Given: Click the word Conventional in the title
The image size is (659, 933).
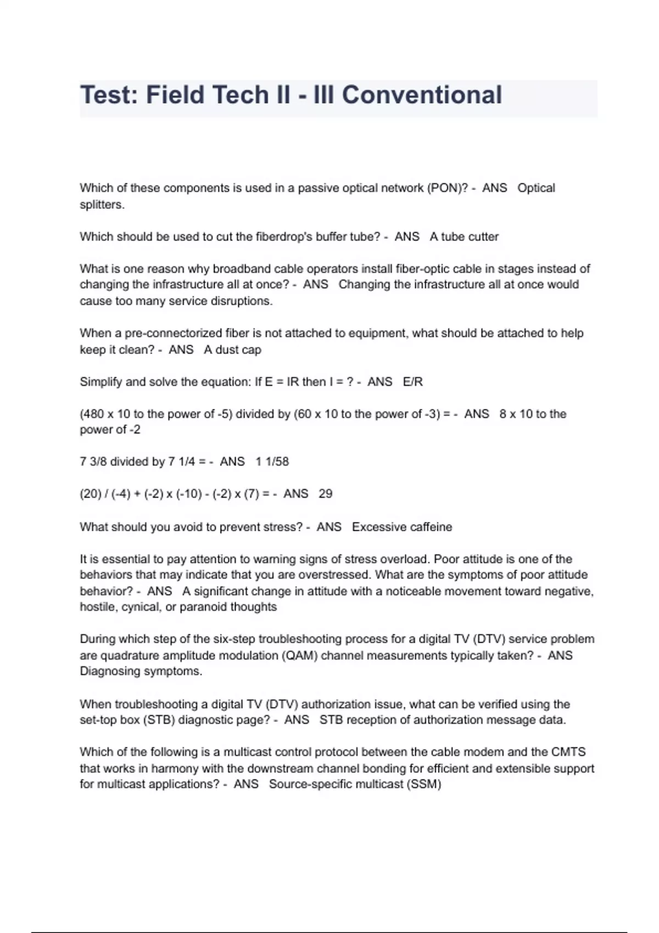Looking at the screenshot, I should tap(422, 95).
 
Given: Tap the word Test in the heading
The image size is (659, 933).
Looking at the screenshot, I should tap(108, 95).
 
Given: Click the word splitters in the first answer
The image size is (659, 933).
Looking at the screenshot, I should tap(102, 205).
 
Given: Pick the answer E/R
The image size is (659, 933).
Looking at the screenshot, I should tap(413, 382).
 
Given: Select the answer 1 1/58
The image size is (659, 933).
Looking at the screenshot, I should tap(272, 462).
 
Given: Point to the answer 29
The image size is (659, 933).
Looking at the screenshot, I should tap(326, 494).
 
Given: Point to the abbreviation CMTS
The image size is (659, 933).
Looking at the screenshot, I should tap(568, 752).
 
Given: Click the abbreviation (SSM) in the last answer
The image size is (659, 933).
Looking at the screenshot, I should tap(423, 784).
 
